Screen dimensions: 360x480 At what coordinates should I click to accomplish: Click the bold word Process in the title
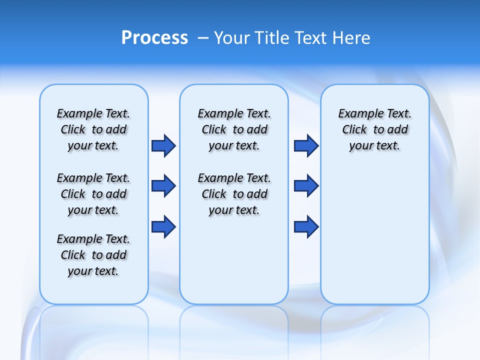tap(154, 38)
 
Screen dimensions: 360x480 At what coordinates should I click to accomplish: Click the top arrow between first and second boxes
tap(163, 145)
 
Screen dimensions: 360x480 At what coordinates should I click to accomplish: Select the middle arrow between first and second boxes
tap(163, 186)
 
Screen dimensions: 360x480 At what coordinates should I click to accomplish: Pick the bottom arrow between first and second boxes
tap(163, 227)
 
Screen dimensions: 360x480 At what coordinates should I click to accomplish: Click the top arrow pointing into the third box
tap(306, 145)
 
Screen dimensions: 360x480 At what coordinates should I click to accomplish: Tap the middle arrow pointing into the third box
tap(306, 186)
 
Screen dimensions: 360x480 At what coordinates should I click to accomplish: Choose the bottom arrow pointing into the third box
tap(306, 227)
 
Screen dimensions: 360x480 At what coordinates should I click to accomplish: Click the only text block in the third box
tap(374, 129)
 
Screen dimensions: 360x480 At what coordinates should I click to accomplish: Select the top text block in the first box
tap(93, 129)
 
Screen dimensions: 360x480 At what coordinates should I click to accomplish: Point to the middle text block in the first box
tap(93, 194)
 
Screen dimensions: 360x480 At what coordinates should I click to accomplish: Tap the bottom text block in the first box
tap(93, 255)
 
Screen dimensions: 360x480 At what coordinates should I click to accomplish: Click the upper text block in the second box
tap(234, 129)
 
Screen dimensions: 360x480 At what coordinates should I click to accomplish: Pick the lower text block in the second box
tap(234, 194)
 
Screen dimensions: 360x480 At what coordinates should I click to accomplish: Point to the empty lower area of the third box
tap(374, 235)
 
